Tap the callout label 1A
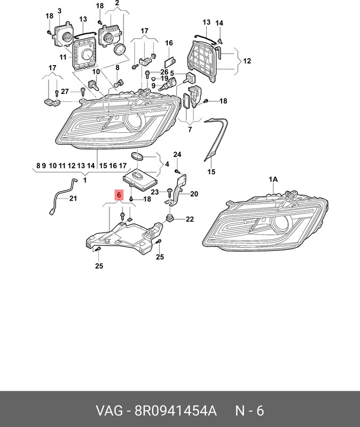(x=273, y=180)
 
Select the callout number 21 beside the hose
(x=73, y=199)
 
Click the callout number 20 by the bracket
(x=193, y=194)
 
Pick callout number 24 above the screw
(x=177, y=155)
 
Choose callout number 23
(x=154, y=192)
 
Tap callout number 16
(x=169, y=43)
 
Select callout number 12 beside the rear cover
(x=247, y=61)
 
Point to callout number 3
(x=59, y=11)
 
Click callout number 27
(x=65, y=91)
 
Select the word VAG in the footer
(x=108, y=410)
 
